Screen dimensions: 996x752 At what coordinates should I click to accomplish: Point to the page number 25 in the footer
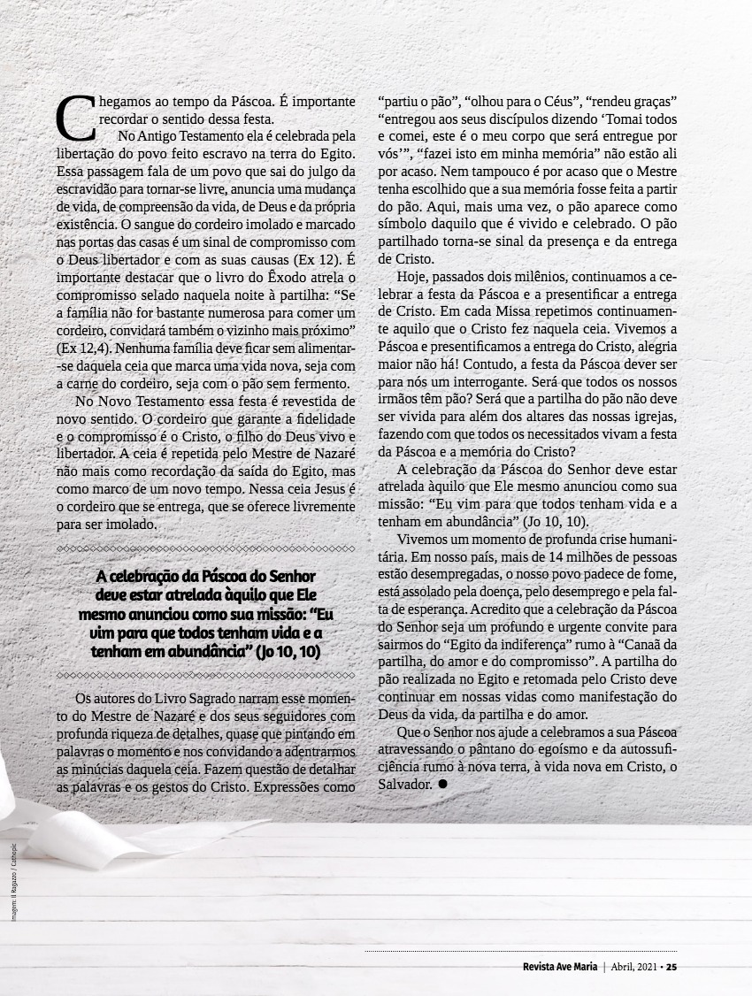671,966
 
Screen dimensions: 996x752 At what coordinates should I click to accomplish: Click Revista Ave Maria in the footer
559,966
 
